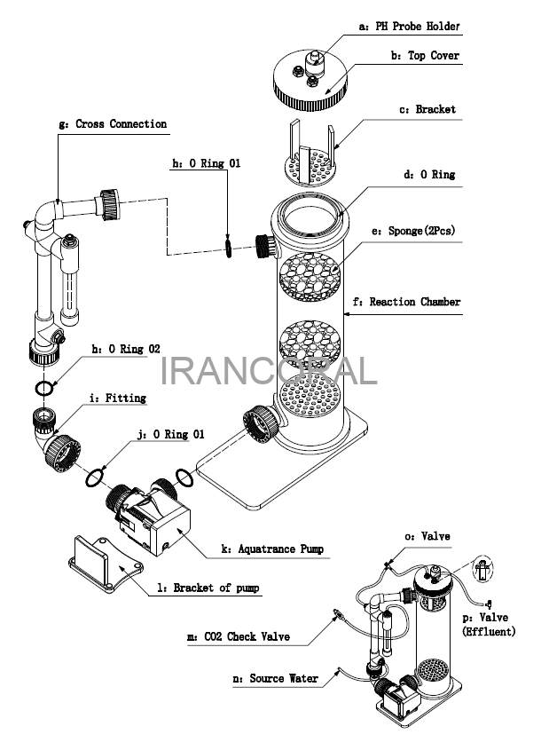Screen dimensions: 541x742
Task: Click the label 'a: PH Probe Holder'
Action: click(x=409, y=27)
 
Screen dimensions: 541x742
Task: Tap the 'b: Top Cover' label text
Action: click(x=425, y=56)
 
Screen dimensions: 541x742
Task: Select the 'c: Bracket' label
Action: click(x=427, y=109)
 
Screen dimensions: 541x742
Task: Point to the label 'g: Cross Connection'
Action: click(x=113, y=124)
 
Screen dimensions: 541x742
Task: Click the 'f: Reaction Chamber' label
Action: click(x=407, y=302)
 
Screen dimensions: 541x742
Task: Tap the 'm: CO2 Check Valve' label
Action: click(x=239, y=636)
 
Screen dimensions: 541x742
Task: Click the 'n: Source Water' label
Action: click(x=275, y=679)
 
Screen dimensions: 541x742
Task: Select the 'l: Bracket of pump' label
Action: click(x=208, y=588)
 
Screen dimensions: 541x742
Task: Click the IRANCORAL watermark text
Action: click(x=269, y=372)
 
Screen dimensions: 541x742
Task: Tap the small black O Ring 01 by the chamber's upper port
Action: click(x=229, y=248)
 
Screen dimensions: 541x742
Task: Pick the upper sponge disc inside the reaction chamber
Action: click(x=310, y=277)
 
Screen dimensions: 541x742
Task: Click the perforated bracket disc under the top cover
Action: click(x=310, y=167)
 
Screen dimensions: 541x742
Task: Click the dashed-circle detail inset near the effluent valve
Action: click(x=482, y=568)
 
